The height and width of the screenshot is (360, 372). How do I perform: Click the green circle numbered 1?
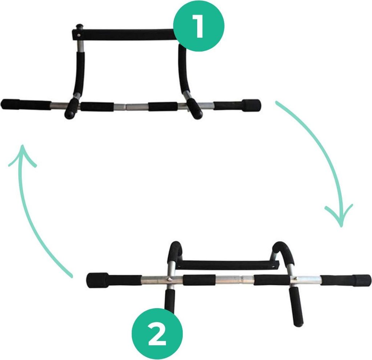pyautogui.click(x=199, y=26)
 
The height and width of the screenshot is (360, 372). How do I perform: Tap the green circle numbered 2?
pyautogui.click(x=157, y=333)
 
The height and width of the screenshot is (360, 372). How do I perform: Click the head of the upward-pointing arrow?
pyautogui.click(x=23, y=154)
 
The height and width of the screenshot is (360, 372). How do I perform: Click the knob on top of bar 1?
pyautogui.click(x=78, y=26)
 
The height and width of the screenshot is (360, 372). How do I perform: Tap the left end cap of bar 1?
pyautogui.click(x=10, y=105)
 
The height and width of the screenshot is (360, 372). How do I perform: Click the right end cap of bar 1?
pyautogui.click(x=251, y=105)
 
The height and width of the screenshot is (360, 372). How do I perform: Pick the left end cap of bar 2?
pyautogui.click(x=97, y=280)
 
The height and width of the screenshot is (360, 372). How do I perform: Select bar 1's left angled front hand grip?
pyautogui.click(x=72, y=108)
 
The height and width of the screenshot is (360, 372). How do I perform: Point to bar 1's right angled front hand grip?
pyautogui.click(x=195, y=108)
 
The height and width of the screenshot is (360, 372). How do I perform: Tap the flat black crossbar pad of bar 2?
pyautogui.click(x=228, y=264)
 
